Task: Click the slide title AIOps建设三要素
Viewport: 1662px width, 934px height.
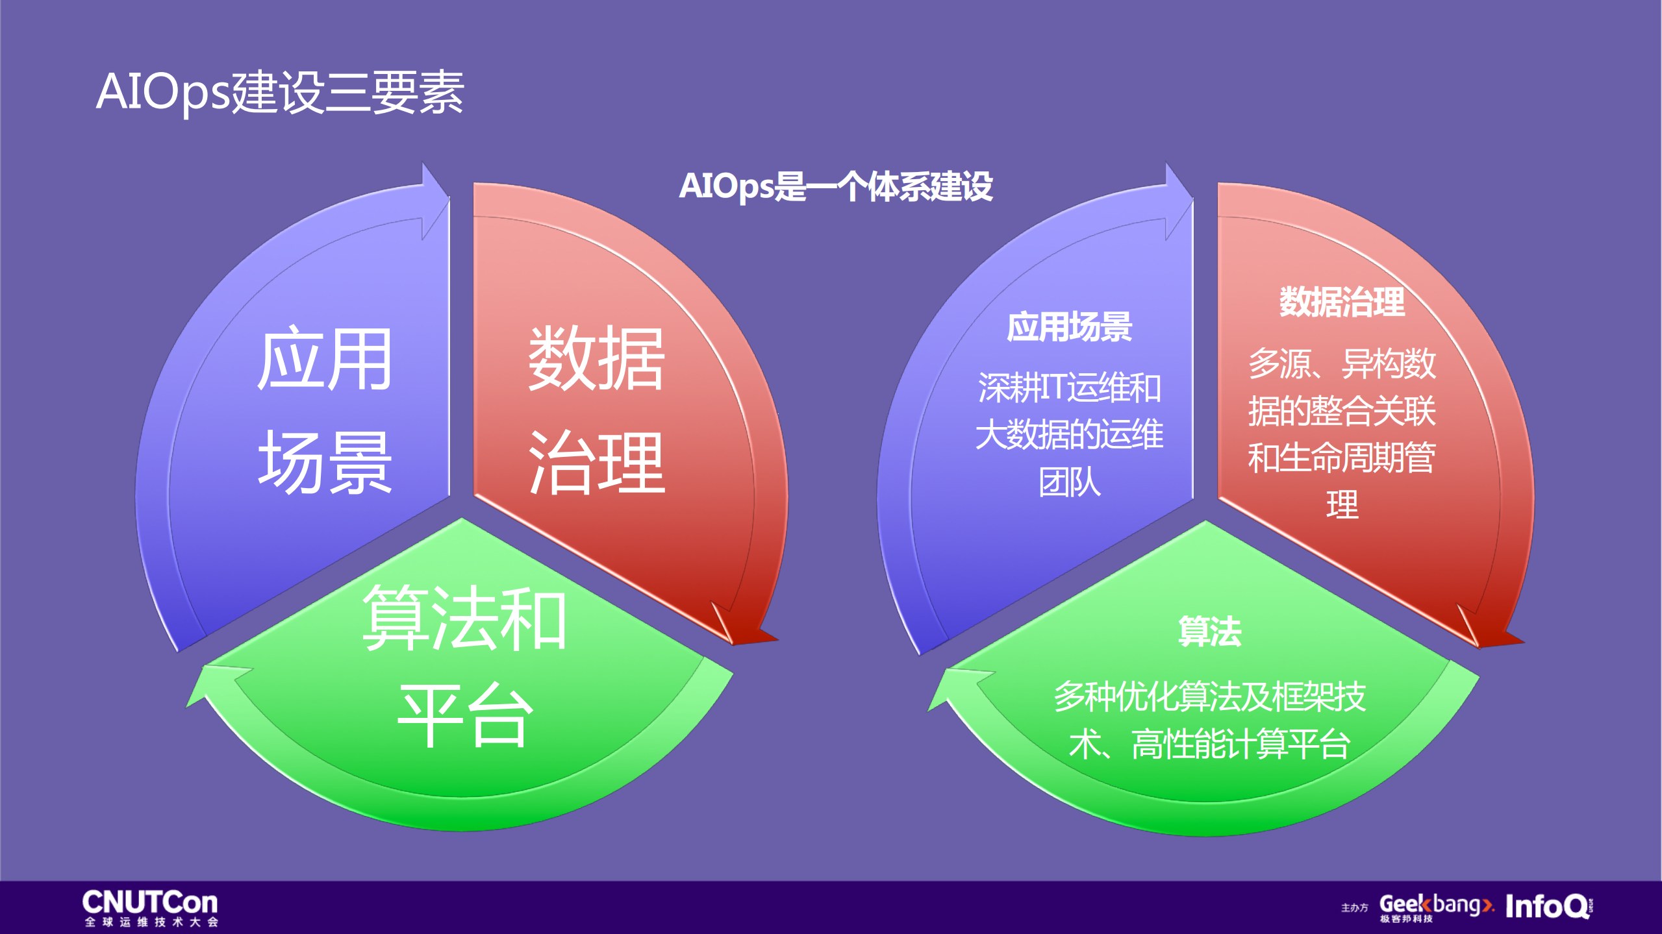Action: tap(280, 92)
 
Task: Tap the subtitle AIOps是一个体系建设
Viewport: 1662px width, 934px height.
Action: tap(836, 187)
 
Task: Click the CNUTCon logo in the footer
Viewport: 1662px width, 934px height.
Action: tap(150, 907)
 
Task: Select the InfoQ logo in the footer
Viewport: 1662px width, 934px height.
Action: tap(1548, 905)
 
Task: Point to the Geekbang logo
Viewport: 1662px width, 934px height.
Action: tap(1436, 906)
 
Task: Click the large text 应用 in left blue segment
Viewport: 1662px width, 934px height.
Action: tap(325, 359)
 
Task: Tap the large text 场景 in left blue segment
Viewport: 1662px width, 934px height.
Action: tap(325, 463)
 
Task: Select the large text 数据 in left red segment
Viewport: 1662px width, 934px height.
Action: tap(596, 359)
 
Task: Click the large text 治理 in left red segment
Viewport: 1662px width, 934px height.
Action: tap(596, 463)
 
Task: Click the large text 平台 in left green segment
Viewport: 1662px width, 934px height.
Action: tap(464, 716)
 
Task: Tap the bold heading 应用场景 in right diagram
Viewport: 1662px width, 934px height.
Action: tap(1069, 326)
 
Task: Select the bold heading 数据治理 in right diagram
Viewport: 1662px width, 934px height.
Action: tap(1342, 302)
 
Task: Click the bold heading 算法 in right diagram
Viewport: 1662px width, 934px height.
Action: tap(1209, 631)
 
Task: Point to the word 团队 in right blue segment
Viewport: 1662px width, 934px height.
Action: tap(1069, 482)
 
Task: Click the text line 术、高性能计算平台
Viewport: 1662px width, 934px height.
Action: tap(1209, 744)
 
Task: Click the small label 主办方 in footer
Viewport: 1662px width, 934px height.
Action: tap(1354, 907)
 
